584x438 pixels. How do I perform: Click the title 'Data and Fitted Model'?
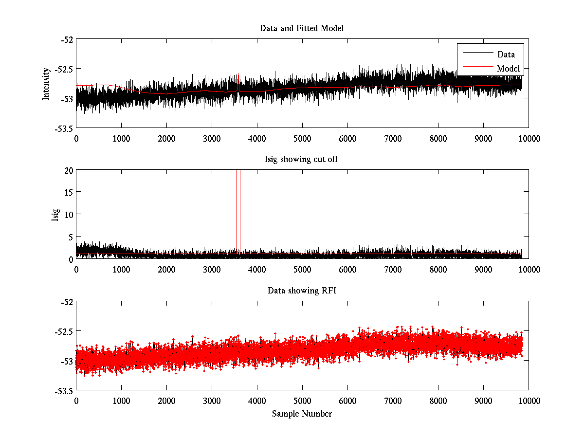302,28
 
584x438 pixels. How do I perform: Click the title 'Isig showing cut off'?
302,160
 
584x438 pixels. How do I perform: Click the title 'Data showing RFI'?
302,291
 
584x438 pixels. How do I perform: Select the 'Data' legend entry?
506,55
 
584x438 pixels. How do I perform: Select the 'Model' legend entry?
508,69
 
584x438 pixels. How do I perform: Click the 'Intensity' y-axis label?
46,84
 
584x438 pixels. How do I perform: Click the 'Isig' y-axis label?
55,215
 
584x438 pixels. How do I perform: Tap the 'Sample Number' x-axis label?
302,414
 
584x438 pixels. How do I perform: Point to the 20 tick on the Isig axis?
68,170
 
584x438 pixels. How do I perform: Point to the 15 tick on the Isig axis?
68,192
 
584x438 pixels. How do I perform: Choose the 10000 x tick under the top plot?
529,138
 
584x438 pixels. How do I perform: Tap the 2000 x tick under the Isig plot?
166,269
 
